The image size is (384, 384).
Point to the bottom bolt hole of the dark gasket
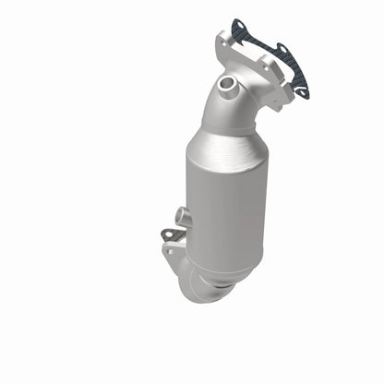coord(300,90)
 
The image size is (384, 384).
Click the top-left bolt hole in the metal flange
coord(221,42)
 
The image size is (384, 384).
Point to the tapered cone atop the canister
coord(222,138)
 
